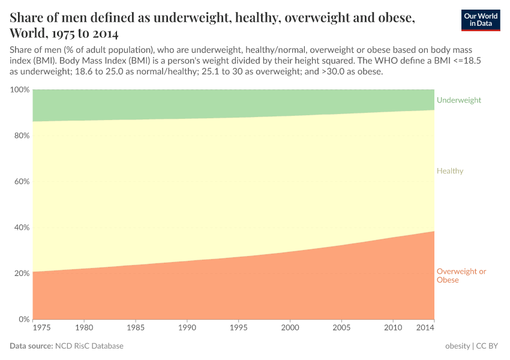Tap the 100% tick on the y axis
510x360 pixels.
[20, 89]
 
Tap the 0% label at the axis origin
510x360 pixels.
[23, 319]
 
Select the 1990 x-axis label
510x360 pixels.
[187, 328]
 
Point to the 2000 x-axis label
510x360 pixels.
[290, 328]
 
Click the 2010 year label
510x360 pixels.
[393, 328]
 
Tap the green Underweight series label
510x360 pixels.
[458, 100]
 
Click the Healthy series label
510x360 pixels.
[450, 171]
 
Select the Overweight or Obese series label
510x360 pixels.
[461, 275]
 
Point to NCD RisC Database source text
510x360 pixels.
[89, 346]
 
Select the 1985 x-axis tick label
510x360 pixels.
[136, 328]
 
